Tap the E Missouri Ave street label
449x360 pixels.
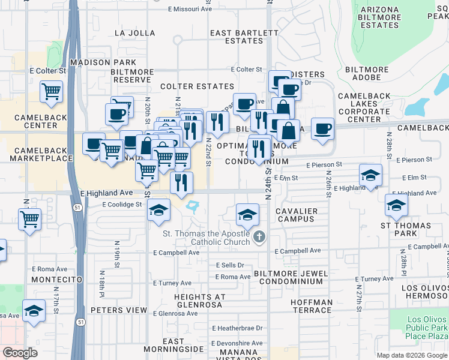190,10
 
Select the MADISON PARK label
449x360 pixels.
98,62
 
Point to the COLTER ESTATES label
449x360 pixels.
197,86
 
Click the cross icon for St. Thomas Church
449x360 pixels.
259,236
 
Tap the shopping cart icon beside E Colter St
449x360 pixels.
52,92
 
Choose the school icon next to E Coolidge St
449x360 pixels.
158,210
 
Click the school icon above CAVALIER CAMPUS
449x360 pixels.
247,214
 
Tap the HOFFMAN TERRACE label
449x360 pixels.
311,306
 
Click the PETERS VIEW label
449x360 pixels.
119,310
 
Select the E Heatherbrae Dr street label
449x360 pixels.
237,328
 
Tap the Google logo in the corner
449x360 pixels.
20,353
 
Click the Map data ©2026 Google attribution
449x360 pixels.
412,355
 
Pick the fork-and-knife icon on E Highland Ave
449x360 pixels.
181,182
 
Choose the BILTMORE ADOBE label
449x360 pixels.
368,74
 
